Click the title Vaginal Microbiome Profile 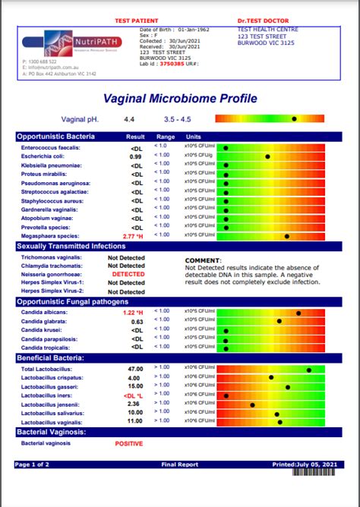(179, 99)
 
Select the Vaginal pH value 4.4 (130, 119)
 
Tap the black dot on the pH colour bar (294, 119)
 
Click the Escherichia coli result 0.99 (136, 156)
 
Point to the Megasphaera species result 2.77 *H (133, 237)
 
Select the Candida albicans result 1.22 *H (133, 312)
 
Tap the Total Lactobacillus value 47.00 (135, 368)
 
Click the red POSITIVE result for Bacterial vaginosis (128, 442)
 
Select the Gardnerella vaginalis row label (51, 209)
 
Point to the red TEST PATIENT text (136, 20)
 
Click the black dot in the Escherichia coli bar (267, 156)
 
